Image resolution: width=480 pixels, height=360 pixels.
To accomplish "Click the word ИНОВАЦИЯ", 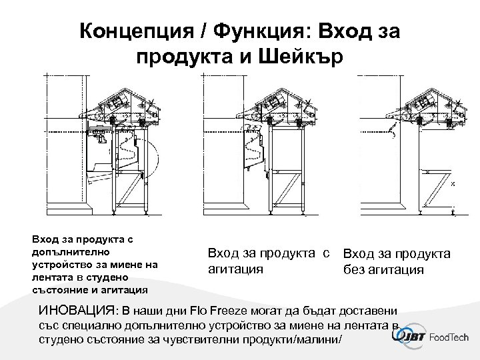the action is tap(75, 311).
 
